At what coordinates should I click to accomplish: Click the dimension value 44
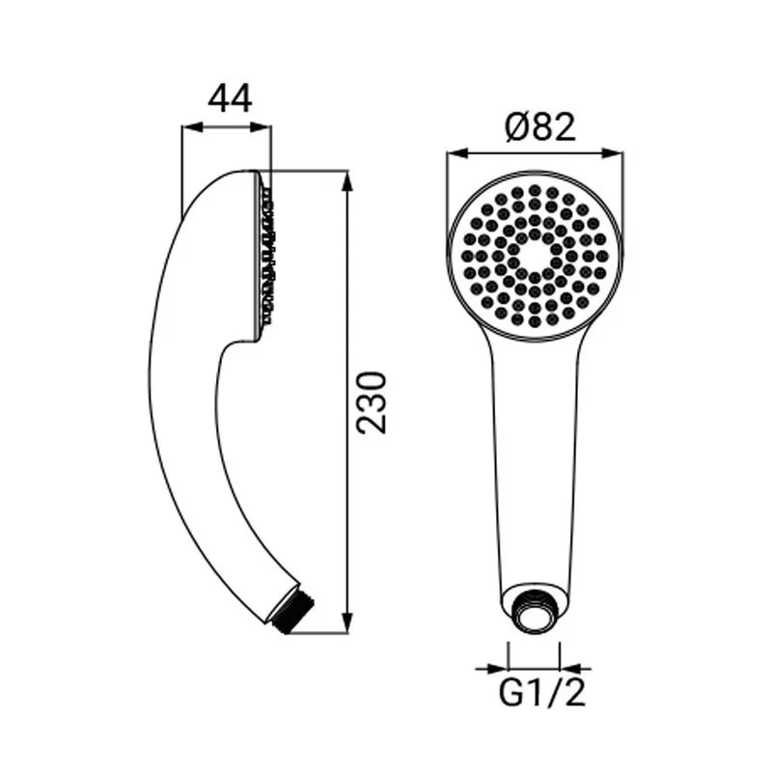click(x=230, y=98)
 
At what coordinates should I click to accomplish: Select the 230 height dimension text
click(x=372, y=402)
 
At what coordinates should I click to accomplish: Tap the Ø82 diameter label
click(x=540, y=126)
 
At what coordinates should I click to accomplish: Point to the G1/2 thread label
click(x=542, y=695)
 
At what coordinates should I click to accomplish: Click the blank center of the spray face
click(x=536, y=256)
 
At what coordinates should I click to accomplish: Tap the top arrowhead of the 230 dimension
click(x=348, y=180)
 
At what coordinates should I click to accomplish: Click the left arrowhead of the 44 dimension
click(x=192, y=127)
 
